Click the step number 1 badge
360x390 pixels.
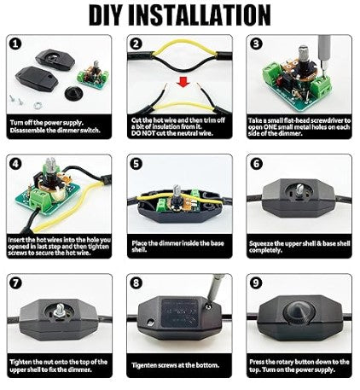click(16, 44)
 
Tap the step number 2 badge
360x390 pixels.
click(136, 44)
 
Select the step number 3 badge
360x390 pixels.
click(256, 44)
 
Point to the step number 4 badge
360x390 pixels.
click(16, 163)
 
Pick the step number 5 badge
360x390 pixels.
click(136, 163)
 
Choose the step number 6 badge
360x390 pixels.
click(256, 163)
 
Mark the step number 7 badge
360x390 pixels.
click(16, 282)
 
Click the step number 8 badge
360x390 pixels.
click(136, 282)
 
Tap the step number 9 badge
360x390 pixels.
click(256, 282)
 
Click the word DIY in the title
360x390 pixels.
click(113, 15)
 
